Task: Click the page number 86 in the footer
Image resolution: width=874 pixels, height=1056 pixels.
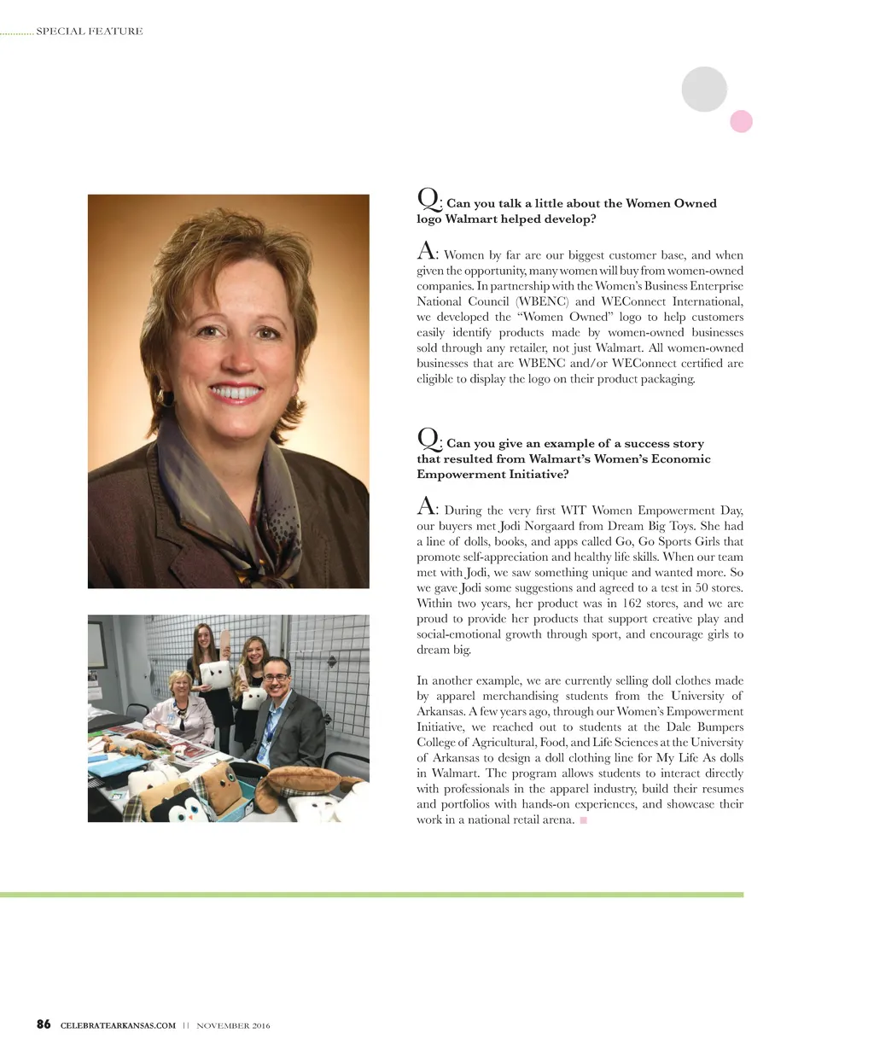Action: pyautogui.click(x=44, y=1024)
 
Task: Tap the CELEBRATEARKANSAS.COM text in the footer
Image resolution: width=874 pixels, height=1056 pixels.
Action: pyautogui.click(x=118, y=1025)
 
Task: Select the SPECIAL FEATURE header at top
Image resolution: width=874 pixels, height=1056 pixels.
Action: pyautogui.click(x=90, y=32)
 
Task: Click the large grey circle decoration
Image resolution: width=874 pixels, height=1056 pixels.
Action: pyautogui.click(x=704, y=89)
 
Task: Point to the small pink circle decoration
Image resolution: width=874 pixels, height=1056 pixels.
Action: pyautogui.click(x=741, y=121)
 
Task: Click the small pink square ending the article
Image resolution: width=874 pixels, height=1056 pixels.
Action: pyautogui.click(x=584, y=820)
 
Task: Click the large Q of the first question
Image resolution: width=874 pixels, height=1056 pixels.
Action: pyautogui.click(x=428, y=198)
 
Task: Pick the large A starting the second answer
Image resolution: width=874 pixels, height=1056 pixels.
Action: pyautogui.click(x=426, y=506)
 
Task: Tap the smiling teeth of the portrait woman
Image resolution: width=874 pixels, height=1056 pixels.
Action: pyautogui.click(x=236, y=393)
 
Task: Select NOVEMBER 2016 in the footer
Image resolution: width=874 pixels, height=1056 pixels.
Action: pyautogui.click(x=233, y=1025)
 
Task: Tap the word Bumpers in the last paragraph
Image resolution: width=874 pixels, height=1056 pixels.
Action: pyautogui.click(x=720, y=726)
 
